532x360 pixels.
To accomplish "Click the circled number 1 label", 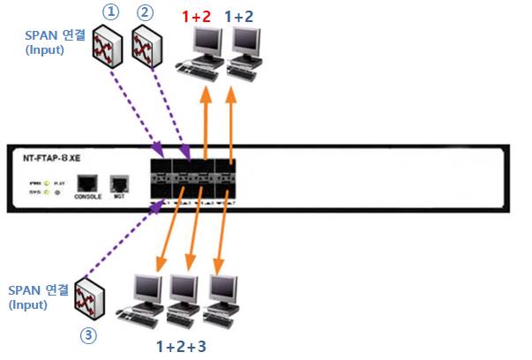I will click(110, 13).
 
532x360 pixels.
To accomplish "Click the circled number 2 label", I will click(146, 13).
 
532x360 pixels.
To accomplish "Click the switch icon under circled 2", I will click(145, 44).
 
